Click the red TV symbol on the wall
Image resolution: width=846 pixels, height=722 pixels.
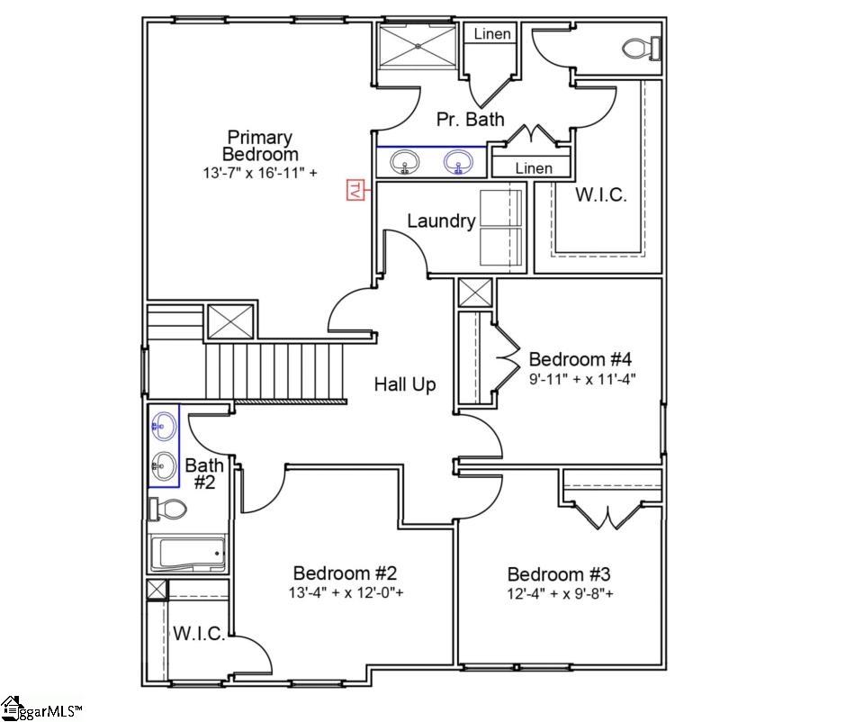coord(355,190)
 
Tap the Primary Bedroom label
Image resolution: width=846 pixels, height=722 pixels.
coord(260,146)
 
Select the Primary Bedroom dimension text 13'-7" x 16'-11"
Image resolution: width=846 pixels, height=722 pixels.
coord(260,173)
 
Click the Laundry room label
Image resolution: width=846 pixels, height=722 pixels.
coord(441,221)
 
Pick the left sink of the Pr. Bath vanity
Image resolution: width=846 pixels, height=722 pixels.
coord(405,162)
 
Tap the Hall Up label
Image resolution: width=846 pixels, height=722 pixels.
coord(405,384)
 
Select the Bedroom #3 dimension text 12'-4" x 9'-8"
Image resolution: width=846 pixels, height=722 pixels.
coord(561,594)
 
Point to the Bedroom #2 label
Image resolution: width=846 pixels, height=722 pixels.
coord(346,573)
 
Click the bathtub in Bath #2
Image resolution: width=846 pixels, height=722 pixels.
coord(187,553)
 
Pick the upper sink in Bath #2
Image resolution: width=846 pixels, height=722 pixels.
coord(164,425)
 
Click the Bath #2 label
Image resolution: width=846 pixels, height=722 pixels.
coord(204,474)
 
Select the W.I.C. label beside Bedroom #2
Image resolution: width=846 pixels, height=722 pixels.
coord(199,634)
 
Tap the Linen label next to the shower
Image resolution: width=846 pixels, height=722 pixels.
coord(492,34)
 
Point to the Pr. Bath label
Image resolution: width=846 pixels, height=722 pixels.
coord(471,119)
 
